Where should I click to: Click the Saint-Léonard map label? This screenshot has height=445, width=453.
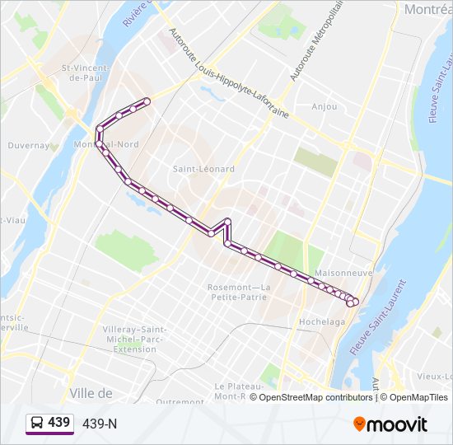(x=203, y=169)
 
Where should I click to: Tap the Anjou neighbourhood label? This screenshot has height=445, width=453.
(x=325, y=106)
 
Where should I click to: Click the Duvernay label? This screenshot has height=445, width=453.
(x=30, y=145)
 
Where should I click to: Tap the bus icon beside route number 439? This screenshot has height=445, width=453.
(x=37, y=423)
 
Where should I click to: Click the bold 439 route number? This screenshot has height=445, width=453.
(x=58, y=423)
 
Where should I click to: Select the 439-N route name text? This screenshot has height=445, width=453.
(x=100, y=424)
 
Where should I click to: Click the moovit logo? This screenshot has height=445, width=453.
(x=390, y=424)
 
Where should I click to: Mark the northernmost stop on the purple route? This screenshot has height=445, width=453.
(x=147, y=101)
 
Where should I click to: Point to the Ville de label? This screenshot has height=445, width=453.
(x=91, y=393)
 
